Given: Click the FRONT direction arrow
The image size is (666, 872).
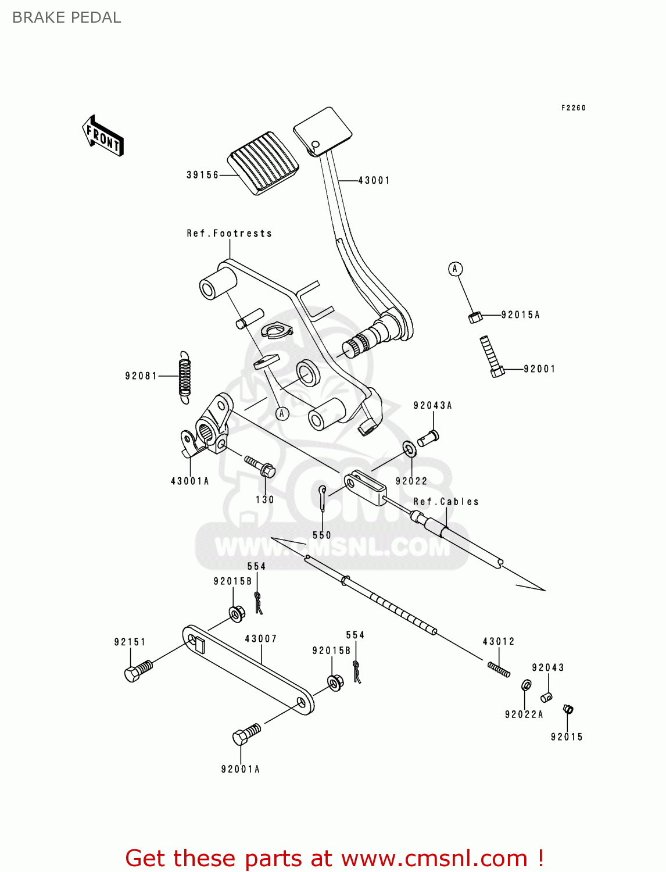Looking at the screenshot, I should (x=103, y=136).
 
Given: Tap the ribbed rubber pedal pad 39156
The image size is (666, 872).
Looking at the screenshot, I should (x=264, y=163).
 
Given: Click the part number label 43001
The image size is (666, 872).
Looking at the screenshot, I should (x=374, y=180).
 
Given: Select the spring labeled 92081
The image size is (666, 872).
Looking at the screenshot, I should (x=184, y=377).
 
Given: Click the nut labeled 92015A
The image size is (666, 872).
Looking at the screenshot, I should (x=475, y=317).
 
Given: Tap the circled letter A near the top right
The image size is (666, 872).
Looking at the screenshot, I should (x=455, y=269).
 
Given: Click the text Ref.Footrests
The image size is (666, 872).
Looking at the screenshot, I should (x=229, y=233).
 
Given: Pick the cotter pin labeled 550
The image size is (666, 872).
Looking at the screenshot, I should (x=323, y=496).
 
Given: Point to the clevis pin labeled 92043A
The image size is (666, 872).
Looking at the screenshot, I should (x=429, y=437).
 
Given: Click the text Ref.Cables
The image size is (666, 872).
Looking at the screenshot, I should (x=446, y=501).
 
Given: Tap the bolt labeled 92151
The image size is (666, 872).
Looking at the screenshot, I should (x=138, y=671).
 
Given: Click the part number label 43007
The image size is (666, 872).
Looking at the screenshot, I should (x=260, y=638).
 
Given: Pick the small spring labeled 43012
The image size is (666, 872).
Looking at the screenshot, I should (x=499, y=670).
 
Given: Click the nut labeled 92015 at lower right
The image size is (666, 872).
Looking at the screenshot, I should (x=568, y=709).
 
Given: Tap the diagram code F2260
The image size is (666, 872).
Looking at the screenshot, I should (x=573, y=108).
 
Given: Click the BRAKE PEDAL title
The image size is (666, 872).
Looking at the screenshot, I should (x=67, y=17).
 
